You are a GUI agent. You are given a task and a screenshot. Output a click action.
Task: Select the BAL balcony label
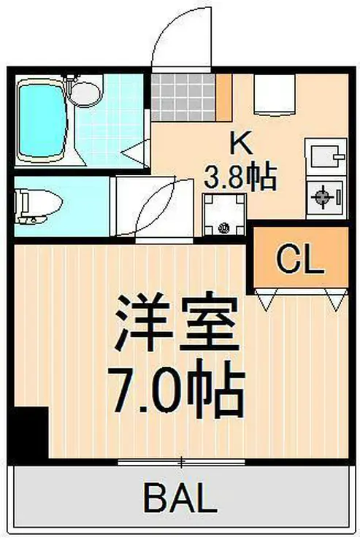[180, 500]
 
